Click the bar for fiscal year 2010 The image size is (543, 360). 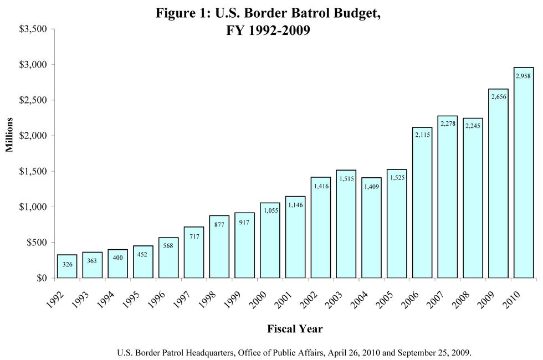524,177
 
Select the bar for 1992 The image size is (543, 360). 67,267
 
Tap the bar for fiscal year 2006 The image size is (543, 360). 422,205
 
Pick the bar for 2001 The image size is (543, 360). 295,238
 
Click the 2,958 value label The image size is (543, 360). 524,76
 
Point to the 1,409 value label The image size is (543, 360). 371,187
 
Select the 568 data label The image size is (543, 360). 168,245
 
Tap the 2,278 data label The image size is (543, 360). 448,124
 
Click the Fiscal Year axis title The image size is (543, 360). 295,329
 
